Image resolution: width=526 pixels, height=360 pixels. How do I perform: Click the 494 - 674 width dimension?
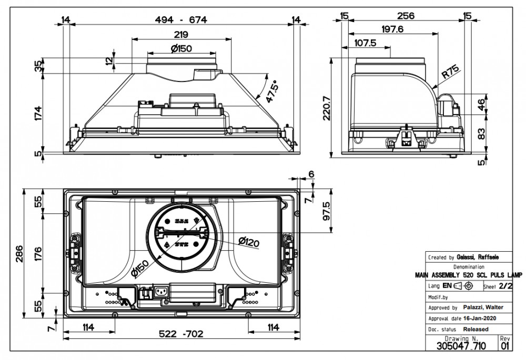point(181,19)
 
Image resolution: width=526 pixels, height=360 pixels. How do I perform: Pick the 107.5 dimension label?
point(366,43)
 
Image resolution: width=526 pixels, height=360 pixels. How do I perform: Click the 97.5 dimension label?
point(326,211)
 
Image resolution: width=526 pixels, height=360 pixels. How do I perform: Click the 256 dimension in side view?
point(406,16)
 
